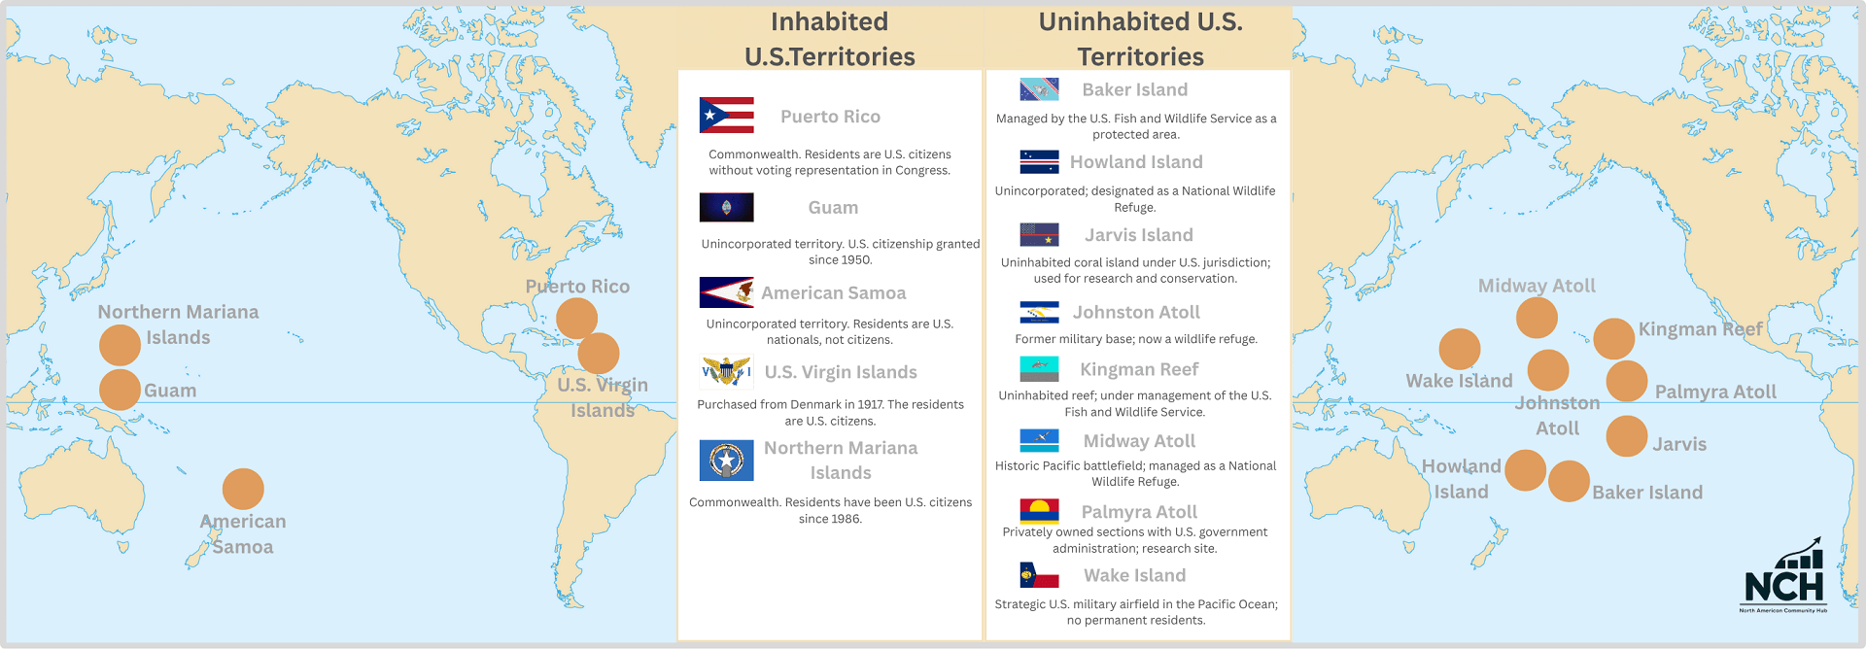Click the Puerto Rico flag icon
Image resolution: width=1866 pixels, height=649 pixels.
pyautogui.click(x=726, y=116)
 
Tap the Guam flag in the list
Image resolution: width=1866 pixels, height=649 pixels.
pyautogui.click(x=726, y=207)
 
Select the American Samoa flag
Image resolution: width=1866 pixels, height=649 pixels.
pyautogui.click(x=726, y=292)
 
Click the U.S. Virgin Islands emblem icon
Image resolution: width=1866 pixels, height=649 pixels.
pyautogui.click(x=726, y=371)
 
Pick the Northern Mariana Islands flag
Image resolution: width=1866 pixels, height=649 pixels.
pyautogui.click(x=726, y=460)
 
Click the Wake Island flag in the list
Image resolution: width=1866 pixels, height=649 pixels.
pyautogui.click(x=1039, y=575)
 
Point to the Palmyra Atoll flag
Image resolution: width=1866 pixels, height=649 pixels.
pyautogui.click(x=1039, y=511)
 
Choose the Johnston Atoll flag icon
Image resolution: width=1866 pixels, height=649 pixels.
pyautogui.click(x=1039, y=312)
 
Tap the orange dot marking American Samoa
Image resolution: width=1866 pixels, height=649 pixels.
pyautogui.click(x=243, y=489)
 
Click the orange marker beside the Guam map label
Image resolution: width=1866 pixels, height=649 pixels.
pyautogui.click(x=120, y=390)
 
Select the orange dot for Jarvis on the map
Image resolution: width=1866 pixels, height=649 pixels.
pyautogui.click(x=1626, y=436)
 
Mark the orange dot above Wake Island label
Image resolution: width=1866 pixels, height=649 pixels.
pyautogui.click(x=1459, y=349)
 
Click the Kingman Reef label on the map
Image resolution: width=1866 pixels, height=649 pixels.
pyautogui.click(x=1700, y=329)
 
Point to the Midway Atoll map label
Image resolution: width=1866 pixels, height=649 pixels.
pyautogui.click(x=1537, y=286)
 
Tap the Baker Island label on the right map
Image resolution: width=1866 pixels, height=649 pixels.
pyautogui.click(x=1647, y=493)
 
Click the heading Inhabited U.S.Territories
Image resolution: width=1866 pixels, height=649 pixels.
pyautogui.click(x=830, y=39)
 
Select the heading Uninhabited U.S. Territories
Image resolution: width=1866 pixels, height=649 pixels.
pyautogui.click(x=1140, y=39)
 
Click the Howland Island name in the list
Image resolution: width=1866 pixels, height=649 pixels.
pyautogui.click(x=1136, y=162)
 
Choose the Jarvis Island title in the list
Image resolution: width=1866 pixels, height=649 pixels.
pyautogui.click(x=1138, y=235)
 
